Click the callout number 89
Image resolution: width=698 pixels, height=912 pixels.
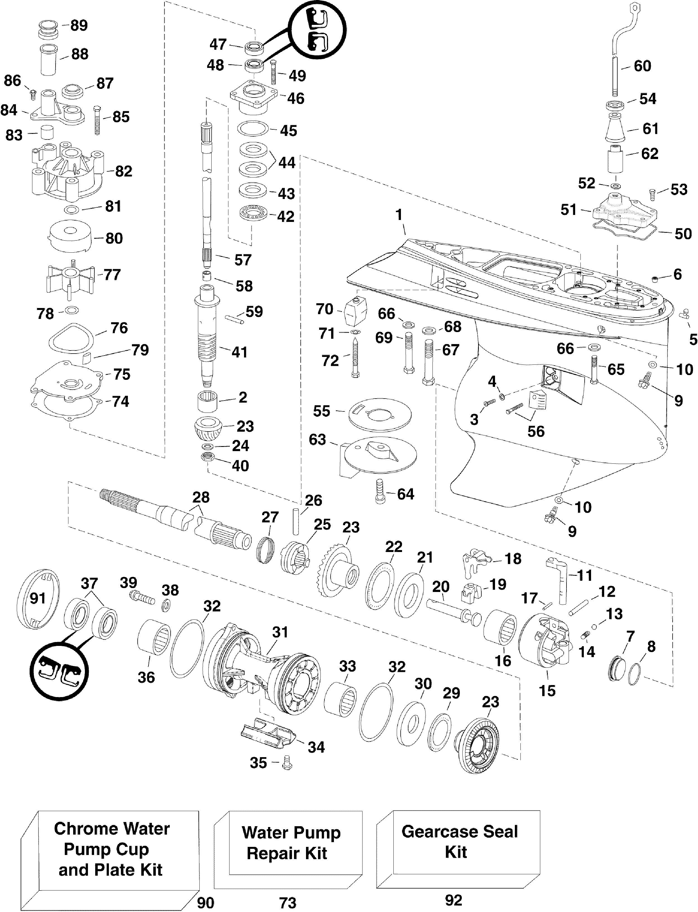point(79,25)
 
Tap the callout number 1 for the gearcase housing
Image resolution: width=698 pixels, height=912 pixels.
point(399,215)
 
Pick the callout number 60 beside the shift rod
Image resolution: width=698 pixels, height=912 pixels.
point(642,66)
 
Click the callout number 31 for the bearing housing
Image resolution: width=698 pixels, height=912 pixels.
point(280,633)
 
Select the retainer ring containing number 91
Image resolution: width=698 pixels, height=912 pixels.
point(38,599)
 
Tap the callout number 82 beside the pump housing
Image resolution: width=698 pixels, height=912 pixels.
point(123,171)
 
